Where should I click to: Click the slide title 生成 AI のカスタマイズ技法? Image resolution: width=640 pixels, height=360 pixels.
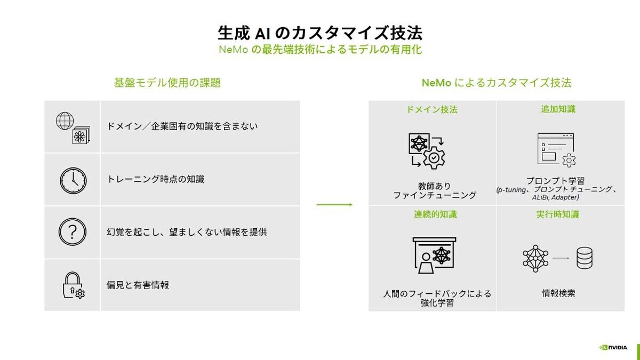[320, 33]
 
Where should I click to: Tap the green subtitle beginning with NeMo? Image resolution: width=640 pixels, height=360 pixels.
[320, 50]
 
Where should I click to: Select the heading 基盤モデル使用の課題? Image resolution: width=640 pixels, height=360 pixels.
[167, 83]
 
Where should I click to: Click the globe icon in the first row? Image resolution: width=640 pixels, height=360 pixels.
[65, 121]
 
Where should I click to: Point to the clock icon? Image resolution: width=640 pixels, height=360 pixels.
[73, 181]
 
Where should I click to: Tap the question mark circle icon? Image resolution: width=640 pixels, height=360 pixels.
[73, 231]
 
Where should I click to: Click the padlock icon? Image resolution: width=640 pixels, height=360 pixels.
[74, 285]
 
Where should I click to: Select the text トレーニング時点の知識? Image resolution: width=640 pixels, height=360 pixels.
[155, 179]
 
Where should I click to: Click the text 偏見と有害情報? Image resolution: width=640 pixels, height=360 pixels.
[138, 285]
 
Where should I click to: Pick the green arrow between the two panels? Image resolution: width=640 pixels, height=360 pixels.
[334, 205]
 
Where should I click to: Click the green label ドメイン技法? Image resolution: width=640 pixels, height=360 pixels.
[432, 109]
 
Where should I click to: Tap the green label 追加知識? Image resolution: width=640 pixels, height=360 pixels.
[558, 109]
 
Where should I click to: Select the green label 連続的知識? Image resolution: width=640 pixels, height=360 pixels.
[435, 214]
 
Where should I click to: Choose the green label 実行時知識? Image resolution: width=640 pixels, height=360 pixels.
[558, 214]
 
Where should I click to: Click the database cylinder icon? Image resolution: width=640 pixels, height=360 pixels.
[585, 258]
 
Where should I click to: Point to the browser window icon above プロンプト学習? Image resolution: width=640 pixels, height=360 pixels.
[556, 149]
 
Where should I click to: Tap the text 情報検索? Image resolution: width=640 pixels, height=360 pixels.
[558, 293]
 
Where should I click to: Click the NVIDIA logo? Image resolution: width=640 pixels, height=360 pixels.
[613, 347]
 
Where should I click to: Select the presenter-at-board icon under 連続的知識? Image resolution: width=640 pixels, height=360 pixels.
[434, 255]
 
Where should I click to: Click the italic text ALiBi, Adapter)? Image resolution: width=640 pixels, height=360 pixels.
[555, 197]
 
